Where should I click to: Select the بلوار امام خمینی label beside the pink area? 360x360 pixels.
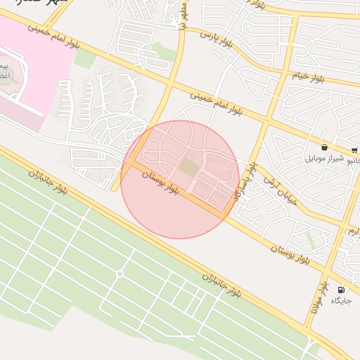(56, 39)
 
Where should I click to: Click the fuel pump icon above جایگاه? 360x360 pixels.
(342, 290)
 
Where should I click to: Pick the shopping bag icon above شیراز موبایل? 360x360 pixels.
(324, 148)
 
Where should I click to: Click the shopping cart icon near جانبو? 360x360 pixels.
(354, 149)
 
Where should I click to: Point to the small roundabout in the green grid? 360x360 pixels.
(120, 273)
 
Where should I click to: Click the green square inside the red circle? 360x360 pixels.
(188, 167)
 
